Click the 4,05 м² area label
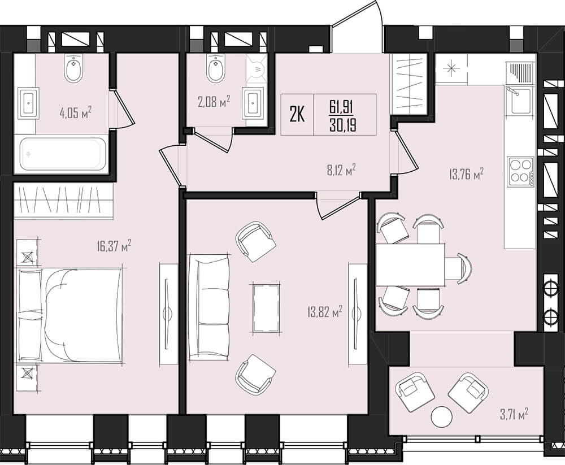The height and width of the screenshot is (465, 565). tap(76, 112)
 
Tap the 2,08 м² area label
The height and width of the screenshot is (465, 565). tap(214, 102)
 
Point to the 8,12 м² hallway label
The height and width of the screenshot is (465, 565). tap(341, 170)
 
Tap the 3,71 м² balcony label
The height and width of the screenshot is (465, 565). tap(514, 414)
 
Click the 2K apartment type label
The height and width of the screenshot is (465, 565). tap(298, 115)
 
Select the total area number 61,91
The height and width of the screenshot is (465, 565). tap(341, 107)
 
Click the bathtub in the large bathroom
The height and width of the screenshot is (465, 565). tap(61, 154)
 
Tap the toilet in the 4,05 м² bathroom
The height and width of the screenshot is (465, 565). tap(75, 67)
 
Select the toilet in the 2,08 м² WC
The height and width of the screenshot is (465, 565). tap(216, 67)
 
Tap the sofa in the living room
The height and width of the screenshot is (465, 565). tap(209, 307)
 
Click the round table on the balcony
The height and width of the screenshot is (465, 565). tap(441, 416)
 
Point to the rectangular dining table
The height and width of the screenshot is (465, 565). tap(410, 264)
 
